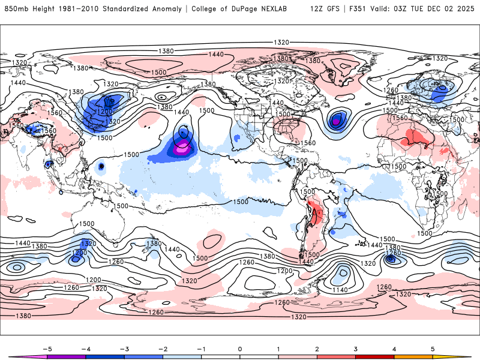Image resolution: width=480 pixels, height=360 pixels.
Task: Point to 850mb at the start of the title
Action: (x=16, y=9)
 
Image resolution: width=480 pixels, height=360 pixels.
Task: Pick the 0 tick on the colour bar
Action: (x=239, y=349)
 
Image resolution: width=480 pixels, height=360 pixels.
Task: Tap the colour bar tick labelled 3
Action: (x=355, y=349)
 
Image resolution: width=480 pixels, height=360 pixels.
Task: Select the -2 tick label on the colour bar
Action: (x=162, y=349)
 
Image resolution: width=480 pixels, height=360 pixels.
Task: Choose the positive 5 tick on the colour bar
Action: (x=433, y=349)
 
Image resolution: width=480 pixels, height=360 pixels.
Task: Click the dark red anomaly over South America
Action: (x=313, y=212)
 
